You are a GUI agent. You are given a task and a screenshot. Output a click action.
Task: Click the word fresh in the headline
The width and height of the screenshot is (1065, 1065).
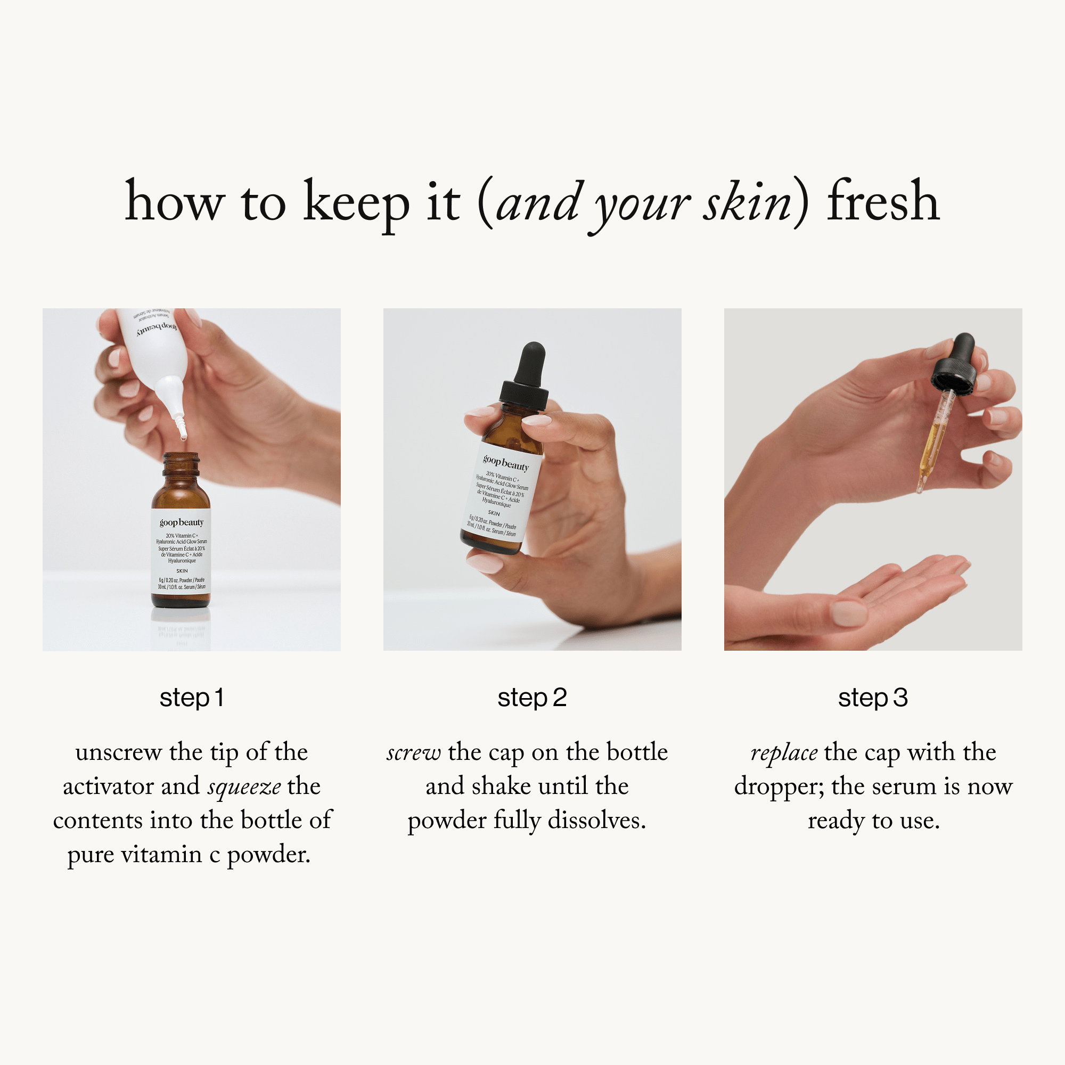[882, 202]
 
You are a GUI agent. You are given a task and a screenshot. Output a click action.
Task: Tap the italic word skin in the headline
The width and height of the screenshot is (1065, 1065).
[747, 203]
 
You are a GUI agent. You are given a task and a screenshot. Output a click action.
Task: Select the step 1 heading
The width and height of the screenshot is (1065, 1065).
[191, 698]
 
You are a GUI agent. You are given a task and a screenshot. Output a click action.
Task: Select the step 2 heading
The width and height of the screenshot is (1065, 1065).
[532, 698]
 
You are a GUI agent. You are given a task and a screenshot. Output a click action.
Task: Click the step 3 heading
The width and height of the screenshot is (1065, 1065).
[873, 698]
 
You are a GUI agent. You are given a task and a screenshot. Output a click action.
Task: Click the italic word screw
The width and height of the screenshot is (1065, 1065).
[413, 752]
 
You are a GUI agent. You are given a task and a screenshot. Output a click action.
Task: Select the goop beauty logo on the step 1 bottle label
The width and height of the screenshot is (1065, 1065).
[182, 522]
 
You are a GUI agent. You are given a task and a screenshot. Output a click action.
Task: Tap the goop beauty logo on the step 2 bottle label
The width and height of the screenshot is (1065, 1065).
[505, 463]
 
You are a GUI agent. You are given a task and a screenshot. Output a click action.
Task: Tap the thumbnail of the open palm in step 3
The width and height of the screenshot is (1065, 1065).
[849, 613]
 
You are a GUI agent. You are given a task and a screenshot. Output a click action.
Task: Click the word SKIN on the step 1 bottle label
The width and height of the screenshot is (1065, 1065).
[182, 571]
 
